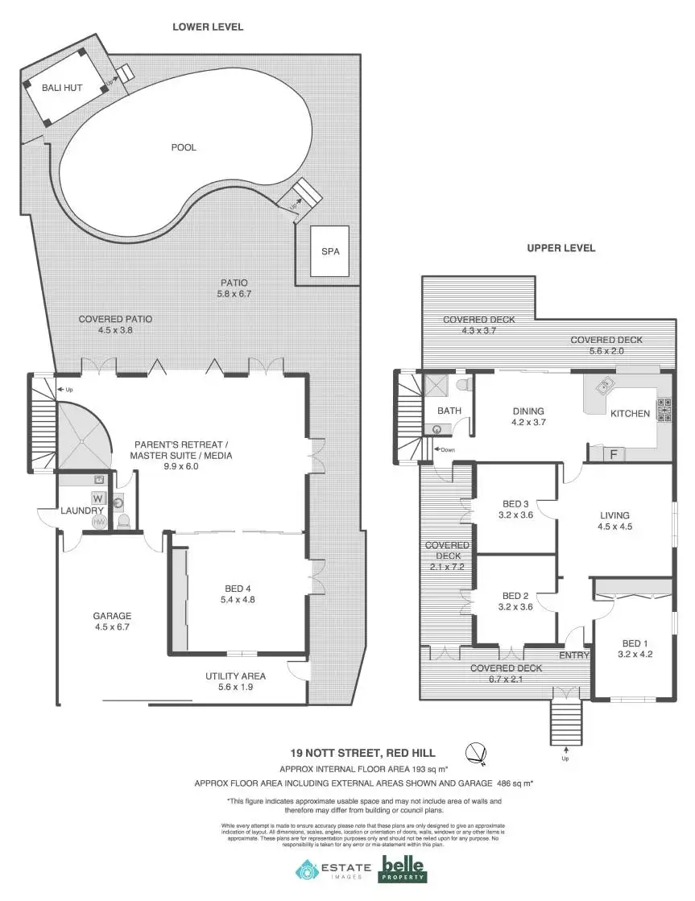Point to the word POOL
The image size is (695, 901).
(x=184, y=147)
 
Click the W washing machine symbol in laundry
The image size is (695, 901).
(x=99, y=498)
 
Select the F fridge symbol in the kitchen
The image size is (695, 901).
(x=613, y=454)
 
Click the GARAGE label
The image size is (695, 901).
(x=112, y=616)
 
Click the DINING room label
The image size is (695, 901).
(x=528, y=411)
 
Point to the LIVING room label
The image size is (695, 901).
(x=614, y=515)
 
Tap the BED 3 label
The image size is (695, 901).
(x=515, y=506)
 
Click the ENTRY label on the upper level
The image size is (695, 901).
(x=574, y=655)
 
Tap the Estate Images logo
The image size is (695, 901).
(x=333, y=870)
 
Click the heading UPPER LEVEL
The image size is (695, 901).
(x=561, y=248)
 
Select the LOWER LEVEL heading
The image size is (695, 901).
(x=208, y=27)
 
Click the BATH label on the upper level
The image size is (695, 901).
(x=449, y=411)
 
